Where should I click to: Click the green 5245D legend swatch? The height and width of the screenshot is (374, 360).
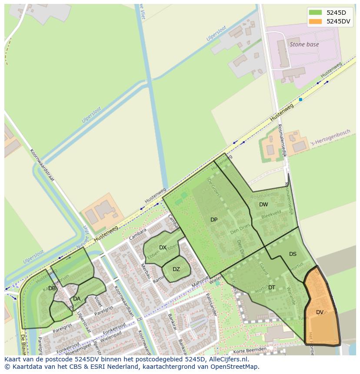(x=315, y=13)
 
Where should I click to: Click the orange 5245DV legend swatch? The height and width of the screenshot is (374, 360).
(x=315, y=21)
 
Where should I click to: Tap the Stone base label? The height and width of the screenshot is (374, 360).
(x=304, y=44)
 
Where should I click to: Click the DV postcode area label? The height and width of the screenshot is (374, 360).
(x=320, y=312)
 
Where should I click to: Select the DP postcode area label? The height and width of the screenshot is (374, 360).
(x=214, y=220)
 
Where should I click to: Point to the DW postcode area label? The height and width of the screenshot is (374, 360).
(x=263, y=205)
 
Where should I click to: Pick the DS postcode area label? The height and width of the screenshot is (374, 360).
(x=293, y=254)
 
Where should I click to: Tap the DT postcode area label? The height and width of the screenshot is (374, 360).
(x=272, y=288)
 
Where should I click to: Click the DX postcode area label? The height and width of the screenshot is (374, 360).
(x=163, y=248)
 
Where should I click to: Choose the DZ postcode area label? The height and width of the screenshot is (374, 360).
(x=176, y=269)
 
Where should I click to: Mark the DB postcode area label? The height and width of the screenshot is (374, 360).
(x=52, y=288)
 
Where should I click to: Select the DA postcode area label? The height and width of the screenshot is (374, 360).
(x=77, y=299)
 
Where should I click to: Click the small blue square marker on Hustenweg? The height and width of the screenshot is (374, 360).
(x=300, y=99)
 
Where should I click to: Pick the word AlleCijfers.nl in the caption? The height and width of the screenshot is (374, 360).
(x=227, y=360)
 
